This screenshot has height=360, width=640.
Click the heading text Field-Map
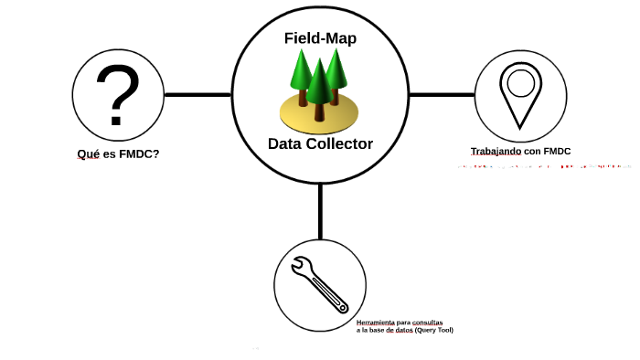pos(319,39)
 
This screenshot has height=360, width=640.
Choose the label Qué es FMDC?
pos(118,154)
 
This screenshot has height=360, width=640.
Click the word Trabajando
pos(496,151)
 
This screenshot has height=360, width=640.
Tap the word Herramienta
pos(377,323)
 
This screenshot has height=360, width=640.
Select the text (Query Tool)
pos(433,330)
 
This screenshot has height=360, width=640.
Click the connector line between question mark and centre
pos(197,94)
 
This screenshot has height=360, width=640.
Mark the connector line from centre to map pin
pos(442,94)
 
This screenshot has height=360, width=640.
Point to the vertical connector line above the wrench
pos(320,210)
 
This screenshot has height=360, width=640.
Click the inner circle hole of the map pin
pos(520,83)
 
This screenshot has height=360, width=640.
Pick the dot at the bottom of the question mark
pos(117,120)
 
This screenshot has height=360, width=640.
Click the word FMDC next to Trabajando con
pos(555,151)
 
